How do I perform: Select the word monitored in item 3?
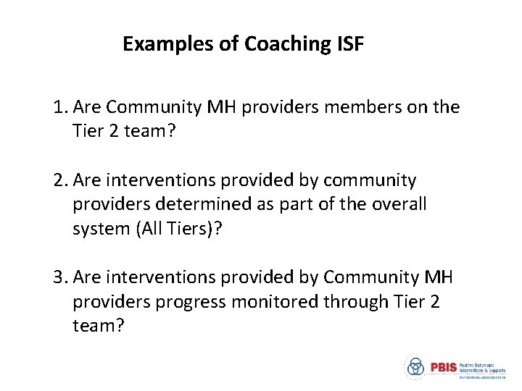point(273,302)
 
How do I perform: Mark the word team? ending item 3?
point(99,326)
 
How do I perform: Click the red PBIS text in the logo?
point(443,367)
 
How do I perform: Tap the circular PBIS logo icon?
point(415,368)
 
